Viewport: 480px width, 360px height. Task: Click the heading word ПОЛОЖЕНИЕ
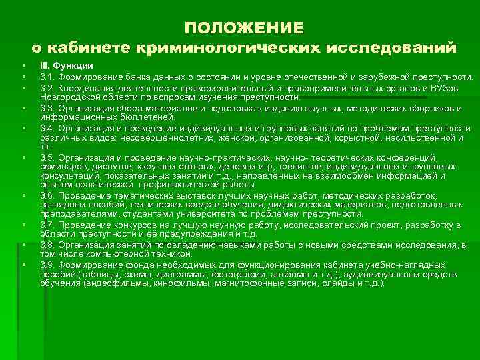point(244,27)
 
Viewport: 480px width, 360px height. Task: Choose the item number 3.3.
point(47,108)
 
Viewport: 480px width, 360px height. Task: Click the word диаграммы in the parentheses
point(188,274)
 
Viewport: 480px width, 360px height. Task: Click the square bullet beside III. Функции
point(23,66)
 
